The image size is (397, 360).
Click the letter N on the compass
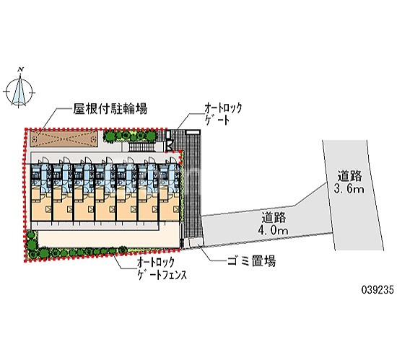(21, 69)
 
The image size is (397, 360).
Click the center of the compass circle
(19, 92)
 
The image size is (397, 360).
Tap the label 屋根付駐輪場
(110, 109)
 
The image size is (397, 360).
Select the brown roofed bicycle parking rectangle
(64, 139)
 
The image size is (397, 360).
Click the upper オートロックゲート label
(223, 115)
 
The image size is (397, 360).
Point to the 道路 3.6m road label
(349, 182)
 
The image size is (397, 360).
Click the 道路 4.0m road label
(273, 224)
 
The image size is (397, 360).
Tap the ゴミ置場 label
(251, 260)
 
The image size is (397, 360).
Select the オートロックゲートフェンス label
(162, 268)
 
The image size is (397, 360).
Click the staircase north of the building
(141, 146)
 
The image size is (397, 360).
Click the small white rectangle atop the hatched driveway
(193, 132)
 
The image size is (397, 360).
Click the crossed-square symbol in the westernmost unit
(48, 209)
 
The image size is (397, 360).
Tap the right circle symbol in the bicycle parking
(93, 139)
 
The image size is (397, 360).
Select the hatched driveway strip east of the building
(193, 185)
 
